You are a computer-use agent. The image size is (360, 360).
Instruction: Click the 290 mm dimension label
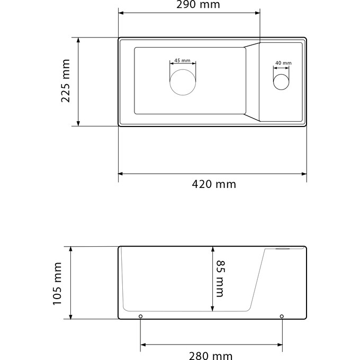[x=198, y=5]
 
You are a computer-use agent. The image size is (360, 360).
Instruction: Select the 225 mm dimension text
[x=66, y=80]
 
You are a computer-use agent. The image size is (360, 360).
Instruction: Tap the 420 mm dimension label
[x=214, y=184]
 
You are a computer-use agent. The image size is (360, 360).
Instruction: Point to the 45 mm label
[x=182, y=60]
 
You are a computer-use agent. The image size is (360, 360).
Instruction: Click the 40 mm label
[x=283, y=63]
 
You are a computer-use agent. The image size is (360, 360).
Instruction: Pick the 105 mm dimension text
[x=57, y=284]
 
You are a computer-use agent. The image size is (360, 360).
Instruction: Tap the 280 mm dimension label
[x=211, y=356]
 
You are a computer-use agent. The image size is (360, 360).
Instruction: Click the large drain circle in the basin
[x=183, y=69]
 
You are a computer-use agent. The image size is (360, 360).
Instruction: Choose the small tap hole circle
[x=281, y=74]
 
